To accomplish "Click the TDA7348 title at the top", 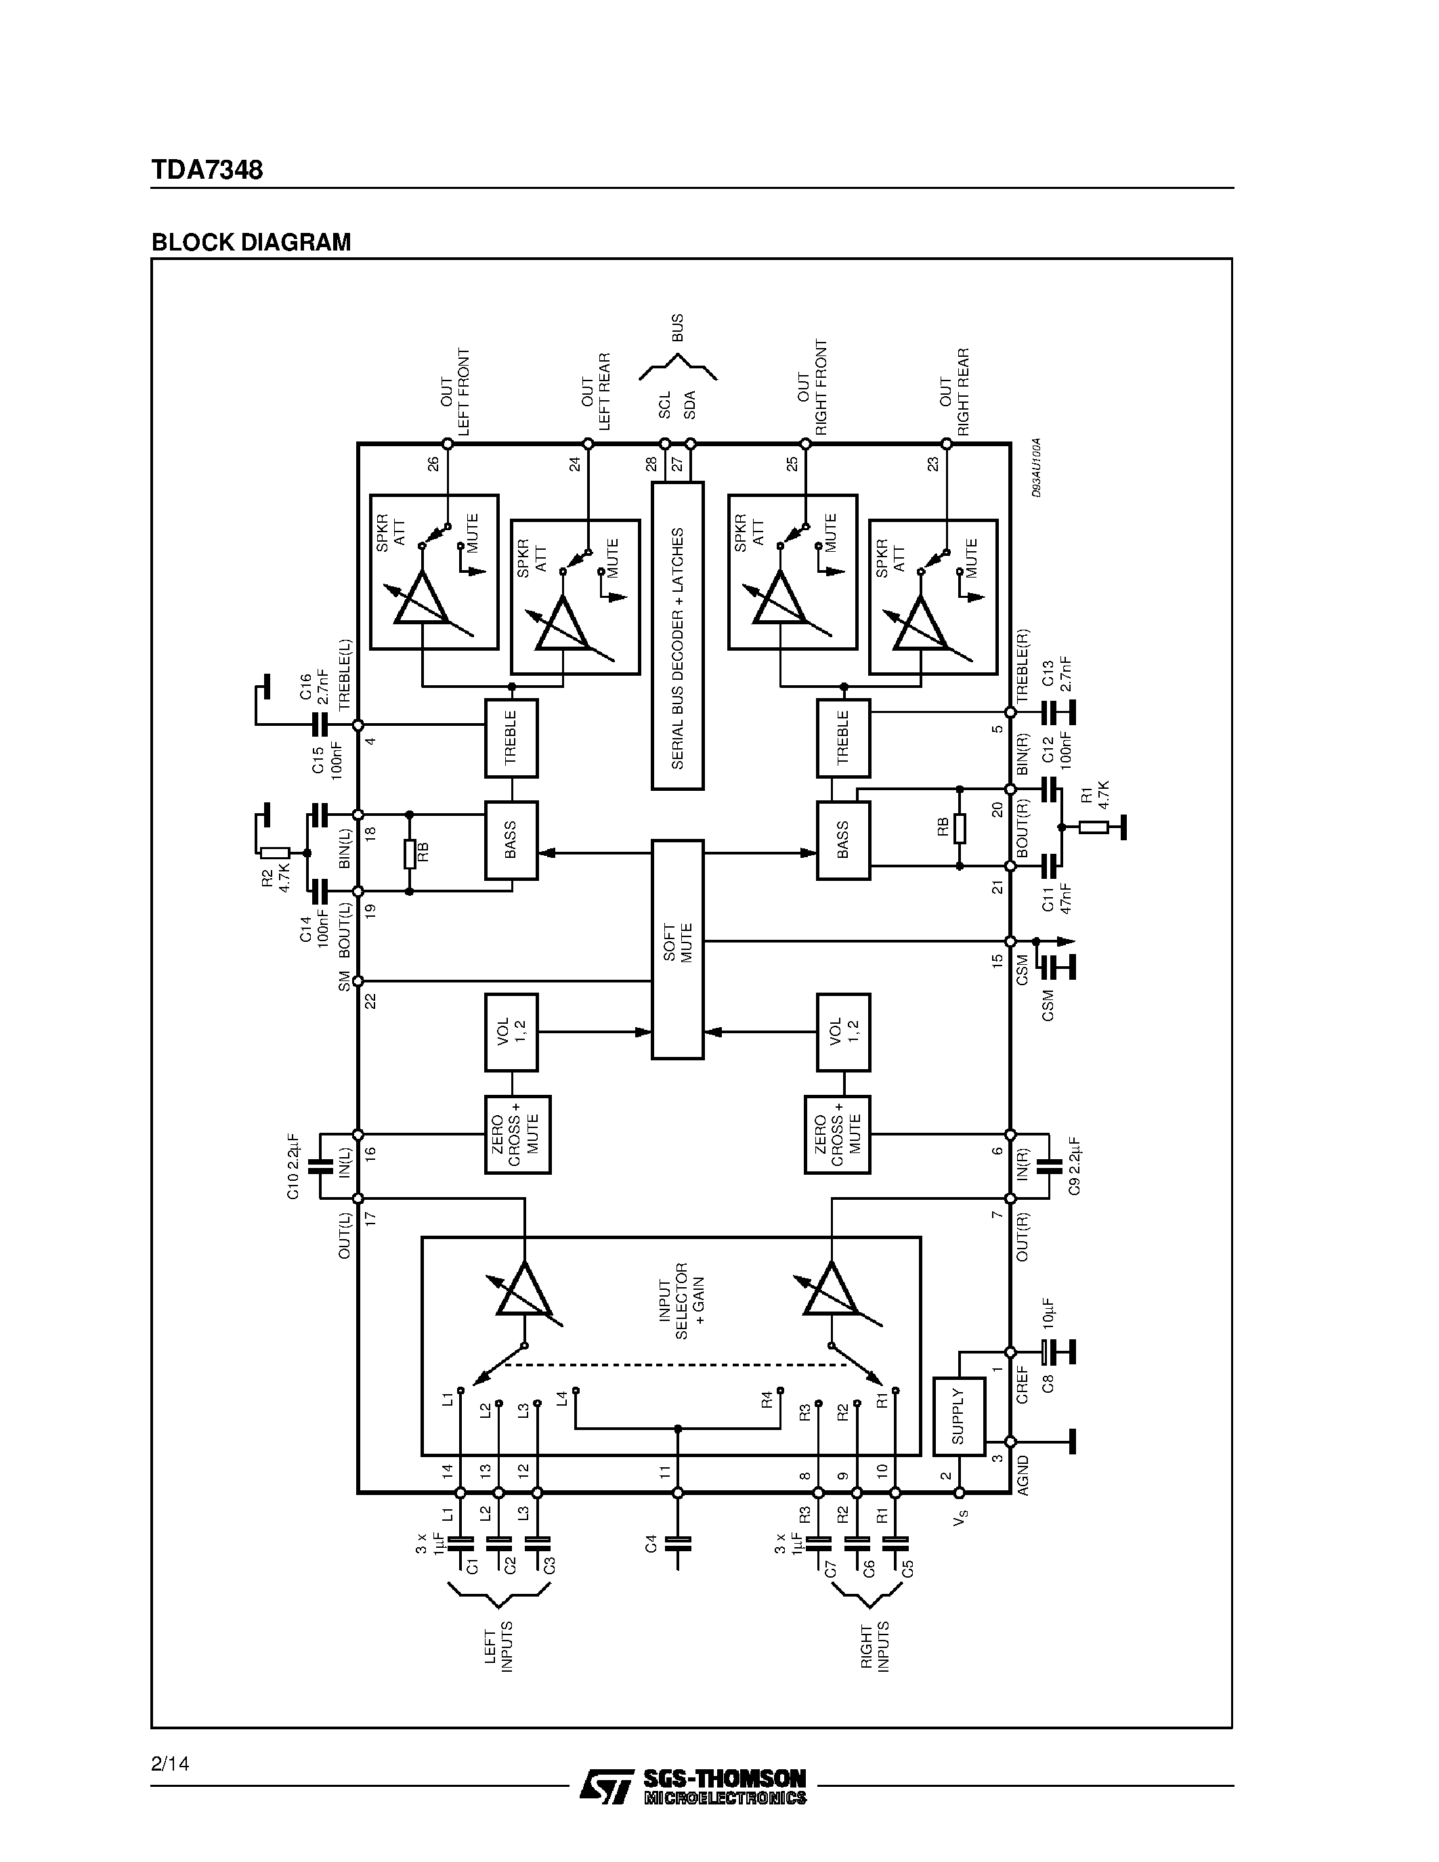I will coord(207,170).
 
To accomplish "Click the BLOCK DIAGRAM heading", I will coord(251,242).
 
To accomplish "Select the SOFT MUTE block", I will coord(678,948).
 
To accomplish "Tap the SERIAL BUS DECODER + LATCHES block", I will coord(678,636).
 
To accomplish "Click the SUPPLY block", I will coord(958,1416).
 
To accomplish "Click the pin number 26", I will coord(433,464).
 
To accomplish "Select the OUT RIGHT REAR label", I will coord(954,391).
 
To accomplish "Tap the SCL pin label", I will coord(664,404).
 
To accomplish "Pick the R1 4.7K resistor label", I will coord(1094,795).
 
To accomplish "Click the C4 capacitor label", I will coord(652,1542).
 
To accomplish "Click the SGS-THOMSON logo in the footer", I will coord(692,1785).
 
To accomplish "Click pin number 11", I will coord(665,1471).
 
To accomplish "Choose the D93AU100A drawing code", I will coord(1036,468).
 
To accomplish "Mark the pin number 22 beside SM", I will coord(370,1001).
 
